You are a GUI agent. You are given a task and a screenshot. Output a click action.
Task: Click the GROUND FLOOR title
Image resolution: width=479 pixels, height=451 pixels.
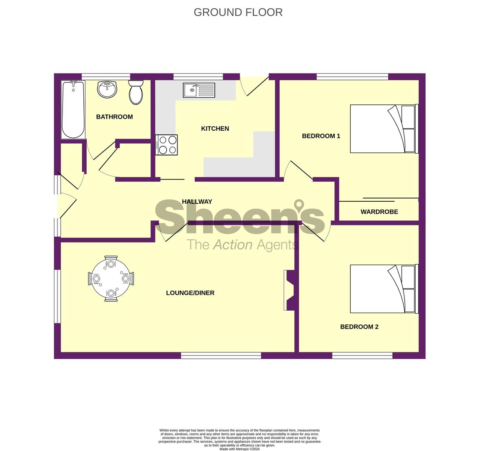[x=238, y=12]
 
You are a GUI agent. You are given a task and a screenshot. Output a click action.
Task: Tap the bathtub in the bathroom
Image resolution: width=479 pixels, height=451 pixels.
[x=73, y=110]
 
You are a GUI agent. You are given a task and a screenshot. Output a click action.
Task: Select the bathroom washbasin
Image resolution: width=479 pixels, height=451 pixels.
[x=107, y=89]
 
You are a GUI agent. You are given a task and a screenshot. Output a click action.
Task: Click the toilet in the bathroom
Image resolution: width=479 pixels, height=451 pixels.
[x=136, y=93]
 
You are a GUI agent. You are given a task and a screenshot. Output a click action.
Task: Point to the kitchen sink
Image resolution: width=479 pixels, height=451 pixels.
[x=199, y=90]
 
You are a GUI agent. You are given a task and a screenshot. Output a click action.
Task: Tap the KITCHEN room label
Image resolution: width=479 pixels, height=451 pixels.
[x=215, y=129]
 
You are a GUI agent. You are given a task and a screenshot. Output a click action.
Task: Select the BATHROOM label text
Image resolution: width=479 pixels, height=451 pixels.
[x=114, y=117]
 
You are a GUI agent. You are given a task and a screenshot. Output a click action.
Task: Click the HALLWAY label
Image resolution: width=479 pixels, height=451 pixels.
[x=197, y=202]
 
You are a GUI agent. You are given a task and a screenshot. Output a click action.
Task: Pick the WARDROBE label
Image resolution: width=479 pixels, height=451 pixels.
[x=379, y=212]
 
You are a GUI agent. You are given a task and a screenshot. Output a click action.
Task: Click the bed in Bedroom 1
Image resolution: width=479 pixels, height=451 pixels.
[x=383, y=129]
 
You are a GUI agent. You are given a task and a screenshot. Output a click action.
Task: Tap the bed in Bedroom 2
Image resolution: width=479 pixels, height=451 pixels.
[x=383, y=289]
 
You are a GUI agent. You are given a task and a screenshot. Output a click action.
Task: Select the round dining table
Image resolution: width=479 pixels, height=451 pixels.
[x=111, y=279]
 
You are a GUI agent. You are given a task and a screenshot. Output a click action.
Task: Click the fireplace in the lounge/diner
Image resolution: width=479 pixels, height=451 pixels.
[x=288, y=290]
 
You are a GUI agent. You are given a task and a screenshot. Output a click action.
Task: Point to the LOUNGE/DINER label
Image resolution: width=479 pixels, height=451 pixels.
[x=190, y=293]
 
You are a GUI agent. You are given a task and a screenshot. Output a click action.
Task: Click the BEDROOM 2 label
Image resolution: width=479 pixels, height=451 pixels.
[x=359, y=327]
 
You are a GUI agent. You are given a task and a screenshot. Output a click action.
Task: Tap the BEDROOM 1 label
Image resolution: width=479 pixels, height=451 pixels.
[x=321, y=136]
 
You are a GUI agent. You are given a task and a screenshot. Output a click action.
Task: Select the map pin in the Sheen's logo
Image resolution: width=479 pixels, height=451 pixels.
[x=299, y=206]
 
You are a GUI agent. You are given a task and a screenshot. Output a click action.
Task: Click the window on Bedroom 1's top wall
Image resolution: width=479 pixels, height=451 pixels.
[x=352, y=76]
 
